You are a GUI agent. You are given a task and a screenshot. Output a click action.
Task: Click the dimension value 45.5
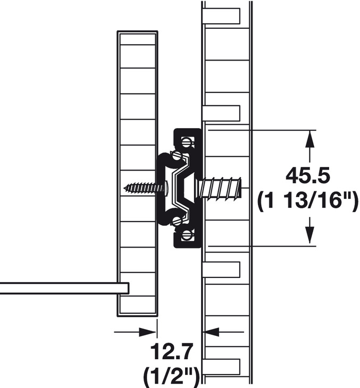pos(308,175)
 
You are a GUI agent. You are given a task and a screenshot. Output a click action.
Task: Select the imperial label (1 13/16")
pos(307,201)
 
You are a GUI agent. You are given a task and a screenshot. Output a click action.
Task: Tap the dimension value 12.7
pos(171,352)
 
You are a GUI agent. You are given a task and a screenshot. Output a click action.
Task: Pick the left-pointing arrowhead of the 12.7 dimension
pos(211,332)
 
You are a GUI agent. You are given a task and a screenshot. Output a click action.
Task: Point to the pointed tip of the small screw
pos(125,188)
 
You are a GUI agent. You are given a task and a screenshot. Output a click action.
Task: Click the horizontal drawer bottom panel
pos(64,288)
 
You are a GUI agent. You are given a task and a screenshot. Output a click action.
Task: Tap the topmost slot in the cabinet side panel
pos(221,16)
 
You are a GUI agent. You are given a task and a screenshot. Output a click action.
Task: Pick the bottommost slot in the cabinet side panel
pos(221,367)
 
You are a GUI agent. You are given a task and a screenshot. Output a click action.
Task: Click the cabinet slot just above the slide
pos(221,113)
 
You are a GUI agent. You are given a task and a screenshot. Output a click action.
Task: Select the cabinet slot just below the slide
pos(221,269)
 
